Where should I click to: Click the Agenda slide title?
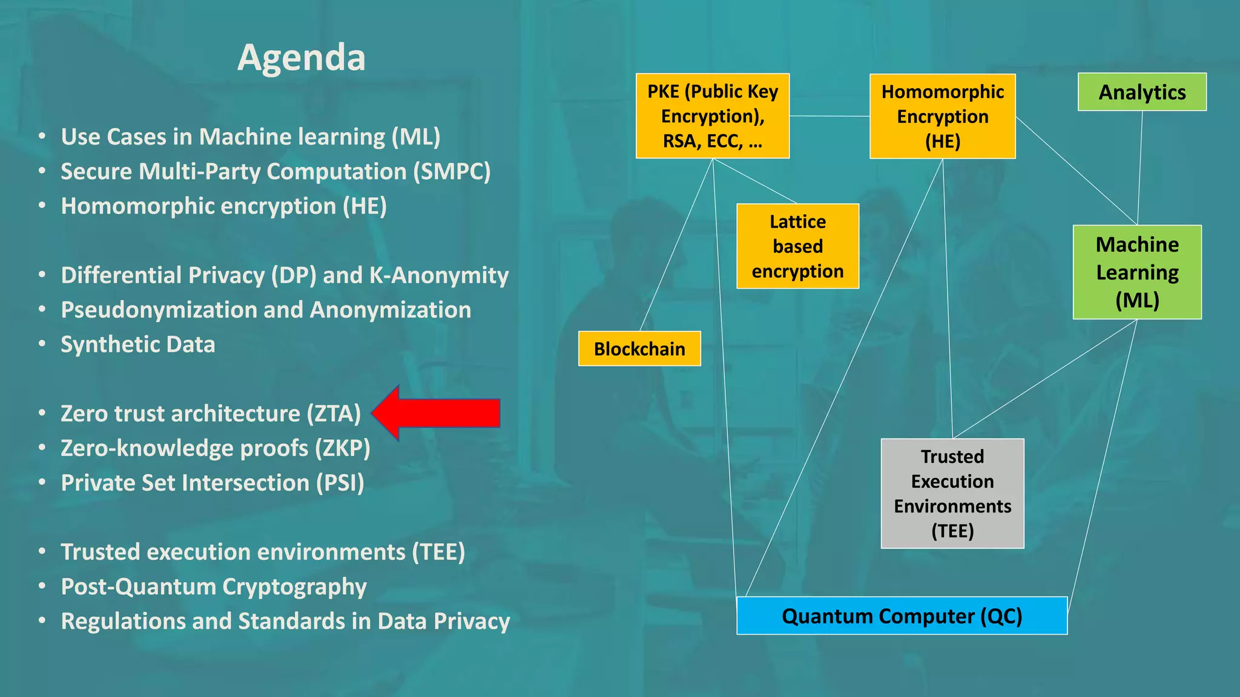(x=301, y=57)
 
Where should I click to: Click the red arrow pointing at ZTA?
(x=438, y=413)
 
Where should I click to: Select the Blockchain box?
(x=639, y=349)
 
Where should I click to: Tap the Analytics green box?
(x=1142, y=92)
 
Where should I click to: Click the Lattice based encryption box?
(x=797, y=246)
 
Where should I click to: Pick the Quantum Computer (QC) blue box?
(x=902, y=616)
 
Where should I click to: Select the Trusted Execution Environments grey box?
(x=952, y=493)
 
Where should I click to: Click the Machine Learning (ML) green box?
(x=1137, y=272)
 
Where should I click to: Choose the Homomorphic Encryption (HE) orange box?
(x=942, y=116)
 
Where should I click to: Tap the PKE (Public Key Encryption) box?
(x=713, y=116)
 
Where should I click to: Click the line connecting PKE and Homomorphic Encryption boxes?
(x=829, y=116)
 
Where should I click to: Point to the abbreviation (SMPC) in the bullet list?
(x=452, y=172)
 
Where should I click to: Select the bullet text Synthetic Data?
(x=138, y=345)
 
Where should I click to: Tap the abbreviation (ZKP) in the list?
(x=342, y=448)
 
